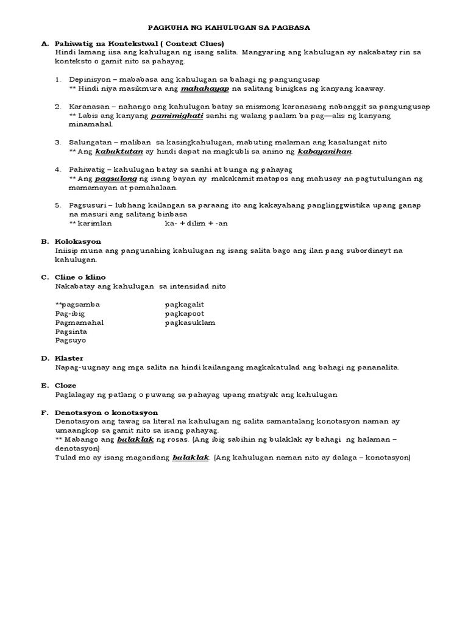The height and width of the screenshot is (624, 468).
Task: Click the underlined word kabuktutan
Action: pyautogui.click(x=116, y=151)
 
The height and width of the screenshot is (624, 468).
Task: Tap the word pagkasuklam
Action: pyautogui.click(x=190, y=322)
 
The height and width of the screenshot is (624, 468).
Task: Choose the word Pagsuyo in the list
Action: pyautogui.click(x=71, y=341)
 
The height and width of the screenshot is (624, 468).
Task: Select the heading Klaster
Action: pyautogui.click(x=69, y=358)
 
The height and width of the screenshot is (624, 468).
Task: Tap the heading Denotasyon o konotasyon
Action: pyautogui.click(x=106, y=413)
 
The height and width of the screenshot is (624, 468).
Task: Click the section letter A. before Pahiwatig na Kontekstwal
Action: pyautogui.click(x=45, y=44)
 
